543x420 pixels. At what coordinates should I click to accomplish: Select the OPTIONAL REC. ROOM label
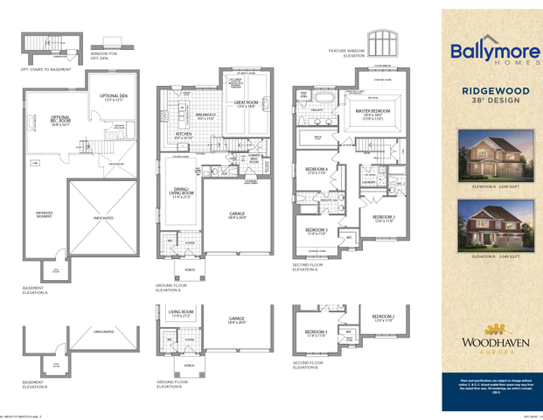(60, 122)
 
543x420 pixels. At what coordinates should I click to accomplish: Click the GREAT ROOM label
(245, 104)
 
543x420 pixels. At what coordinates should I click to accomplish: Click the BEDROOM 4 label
(316, 171)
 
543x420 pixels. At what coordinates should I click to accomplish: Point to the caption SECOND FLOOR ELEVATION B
(305, 366)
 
